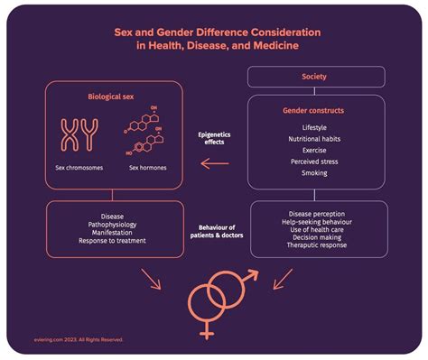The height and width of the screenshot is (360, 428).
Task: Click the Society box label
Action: [x=315, y=77]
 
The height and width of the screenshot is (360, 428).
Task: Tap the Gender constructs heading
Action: [x=315, y=110]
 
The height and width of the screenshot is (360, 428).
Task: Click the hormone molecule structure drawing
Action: [x=147, y=133]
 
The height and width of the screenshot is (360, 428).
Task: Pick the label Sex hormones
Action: [x=147, y=168]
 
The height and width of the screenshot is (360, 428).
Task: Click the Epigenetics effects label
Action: [x=216, y=138]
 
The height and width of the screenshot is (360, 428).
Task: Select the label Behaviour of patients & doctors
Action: [x=216, y=231]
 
